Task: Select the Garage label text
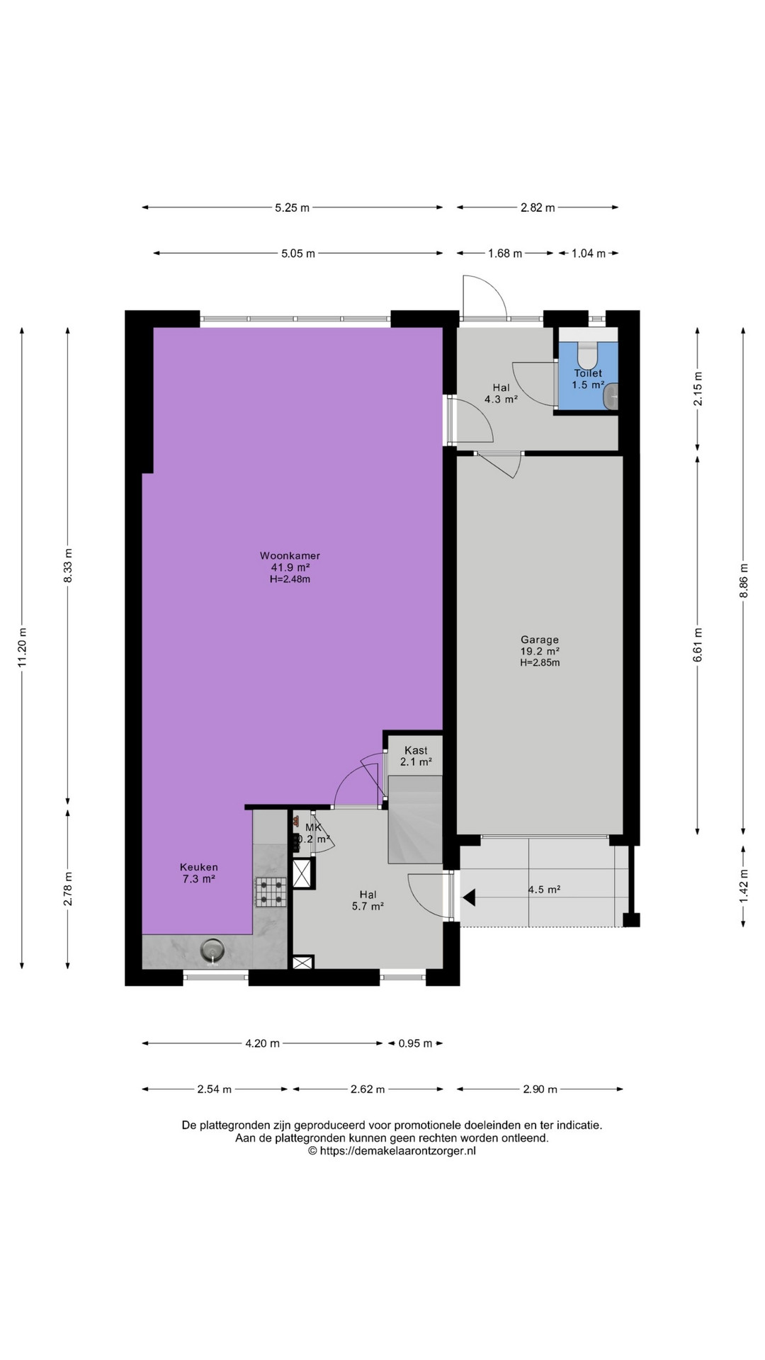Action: pyautogui.click(x=540, y=639)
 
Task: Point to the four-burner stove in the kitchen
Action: pyautogui.click(x=272, y=892)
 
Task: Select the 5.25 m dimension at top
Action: pyautogui.click(x=293, y=208)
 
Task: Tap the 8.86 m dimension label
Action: pyautogui.click(x=744, y=581)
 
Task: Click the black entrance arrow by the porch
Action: pyautogui.click(x=469, y=898)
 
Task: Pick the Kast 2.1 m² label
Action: pyautogui.click(x=416, y=756)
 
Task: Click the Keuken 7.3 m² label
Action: pyautogui.click(x=198, y=873)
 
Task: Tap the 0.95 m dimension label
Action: pyautogui.click(x=414, y=1043)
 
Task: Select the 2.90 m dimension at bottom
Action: pyautogui.click(x=540, y=1089)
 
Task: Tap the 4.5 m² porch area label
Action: pyautogui.click(x=544, y=890)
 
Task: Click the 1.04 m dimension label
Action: pyautogui.click(x=589, y=254)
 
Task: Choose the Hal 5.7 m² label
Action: pyautogui.click(x=368, y=900)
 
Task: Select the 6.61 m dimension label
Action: pyautogui.click(x=698, y=645)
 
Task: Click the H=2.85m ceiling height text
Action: pyautogui.click(x=540, y=663)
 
